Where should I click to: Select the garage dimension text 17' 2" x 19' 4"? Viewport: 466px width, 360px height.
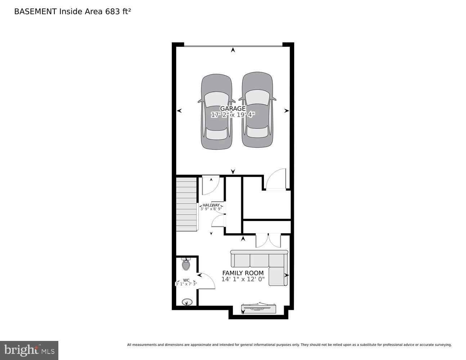[x=233, y=115]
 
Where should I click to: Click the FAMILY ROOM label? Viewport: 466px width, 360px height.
[x=243, y=273]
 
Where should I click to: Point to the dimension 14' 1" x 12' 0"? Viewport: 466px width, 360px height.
[x=243, y=279]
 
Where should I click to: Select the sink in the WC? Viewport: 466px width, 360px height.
[x=187, y=302]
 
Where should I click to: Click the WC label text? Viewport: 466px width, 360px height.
[x=186, y=280]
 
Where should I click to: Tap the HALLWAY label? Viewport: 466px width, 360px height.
[x=211, y=205]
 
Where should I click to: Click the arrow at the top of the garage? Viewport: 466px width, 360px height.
[x=233, y=50]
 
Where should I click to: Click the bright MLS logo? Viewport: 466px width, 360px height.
[x=29, y=350]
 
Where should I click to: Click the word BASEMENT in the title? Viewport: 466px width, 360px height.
[x=35, y=12]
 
